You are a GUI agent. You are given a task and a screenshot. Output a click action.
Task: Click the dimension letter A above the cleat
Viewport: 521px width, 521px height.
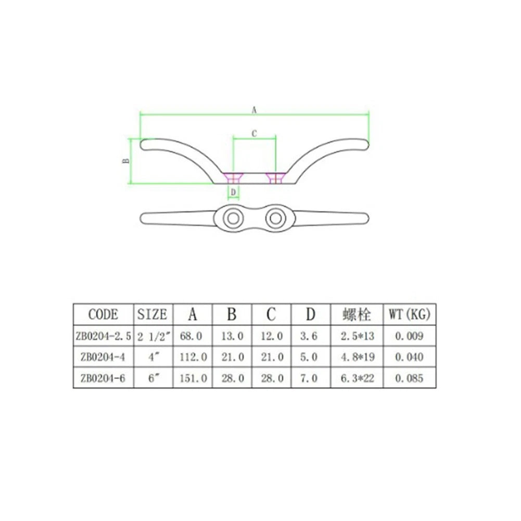pyautogui.click(x=254, y=110)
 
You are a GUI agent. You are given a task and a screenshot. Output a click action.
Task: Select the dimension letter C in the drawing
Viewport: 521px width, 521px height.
pyautogui.click(x=254, y=134)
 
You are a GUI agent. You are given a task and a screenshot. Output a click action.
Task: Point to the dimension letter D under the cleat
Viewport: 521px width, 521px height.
pyautogui.click(x=233, y=193)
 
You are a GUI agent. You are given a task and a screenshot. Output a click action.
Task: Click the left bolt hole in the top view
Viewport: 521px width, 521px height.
pyautogui.click(x=233, y=219)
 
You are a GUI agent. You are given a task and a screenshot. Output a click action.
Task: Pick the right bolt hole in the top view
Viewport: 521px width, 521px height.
pyautogui.click(x=276, y=219)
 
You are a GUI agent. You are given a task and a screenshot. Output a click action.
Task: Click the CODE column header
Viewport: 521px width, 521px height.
pyautogui.click(x=103, y=314)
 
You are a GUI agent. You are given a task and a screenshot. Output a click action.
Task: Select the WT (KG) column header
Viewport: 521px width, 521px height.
pyautogui.click(x=409, y=314)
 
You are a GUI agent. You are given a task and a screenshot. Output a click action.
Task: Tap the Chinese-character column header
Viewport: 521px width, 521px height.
pyautogui.click(x=357, y=314)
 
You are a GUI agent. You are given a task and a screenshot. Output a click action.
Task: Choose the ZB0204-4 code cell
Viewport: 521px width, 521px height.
pyautogui.click(x=103, y=357)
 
